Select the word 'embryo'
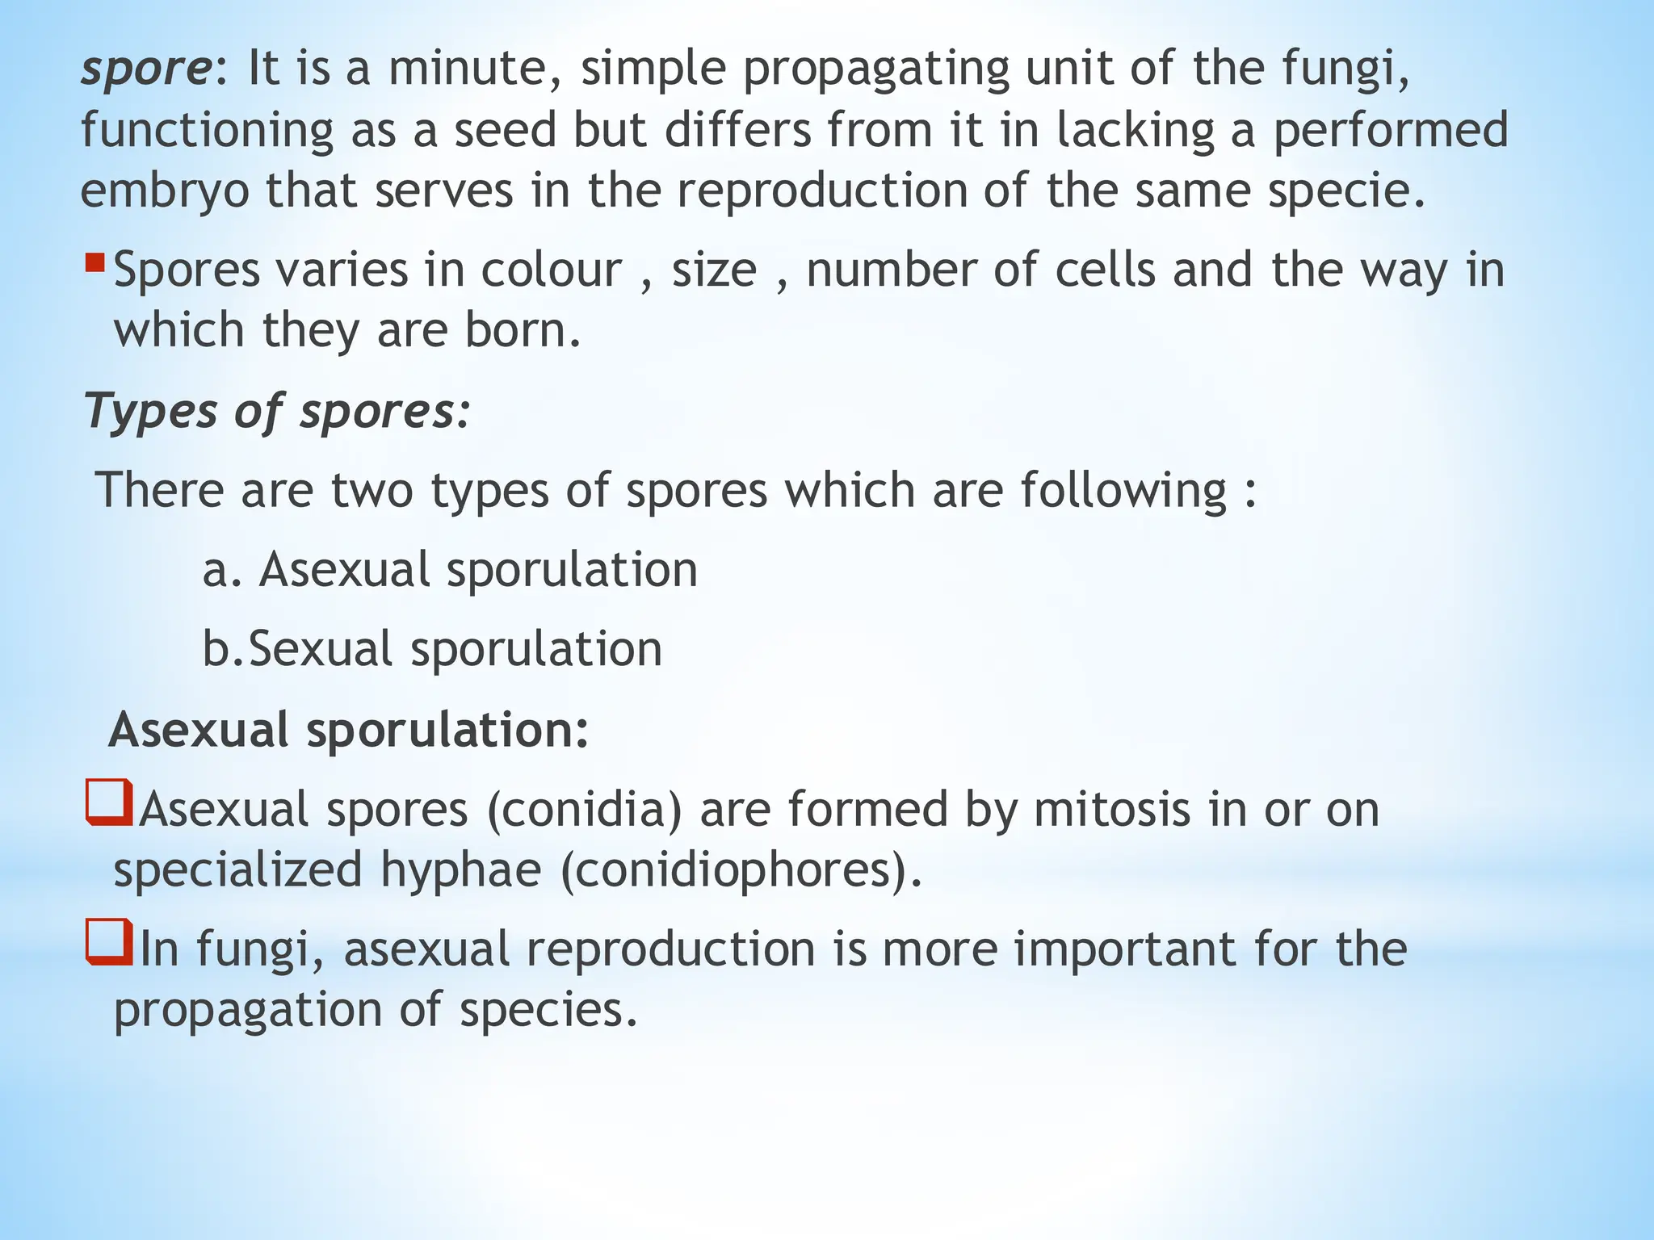[165, 192]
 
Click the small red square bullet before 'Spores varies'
[95, 262]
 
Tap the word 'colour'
[552, 270]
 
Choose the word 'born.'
[523, 331]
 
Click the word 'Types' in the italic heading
[150, 412]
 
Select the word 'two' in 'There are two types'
[372, 490]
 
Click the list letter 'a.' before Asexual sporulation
[222, 570]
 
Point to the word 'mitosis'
[1111, 810]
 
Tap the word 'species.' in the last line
[548, 1010]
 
